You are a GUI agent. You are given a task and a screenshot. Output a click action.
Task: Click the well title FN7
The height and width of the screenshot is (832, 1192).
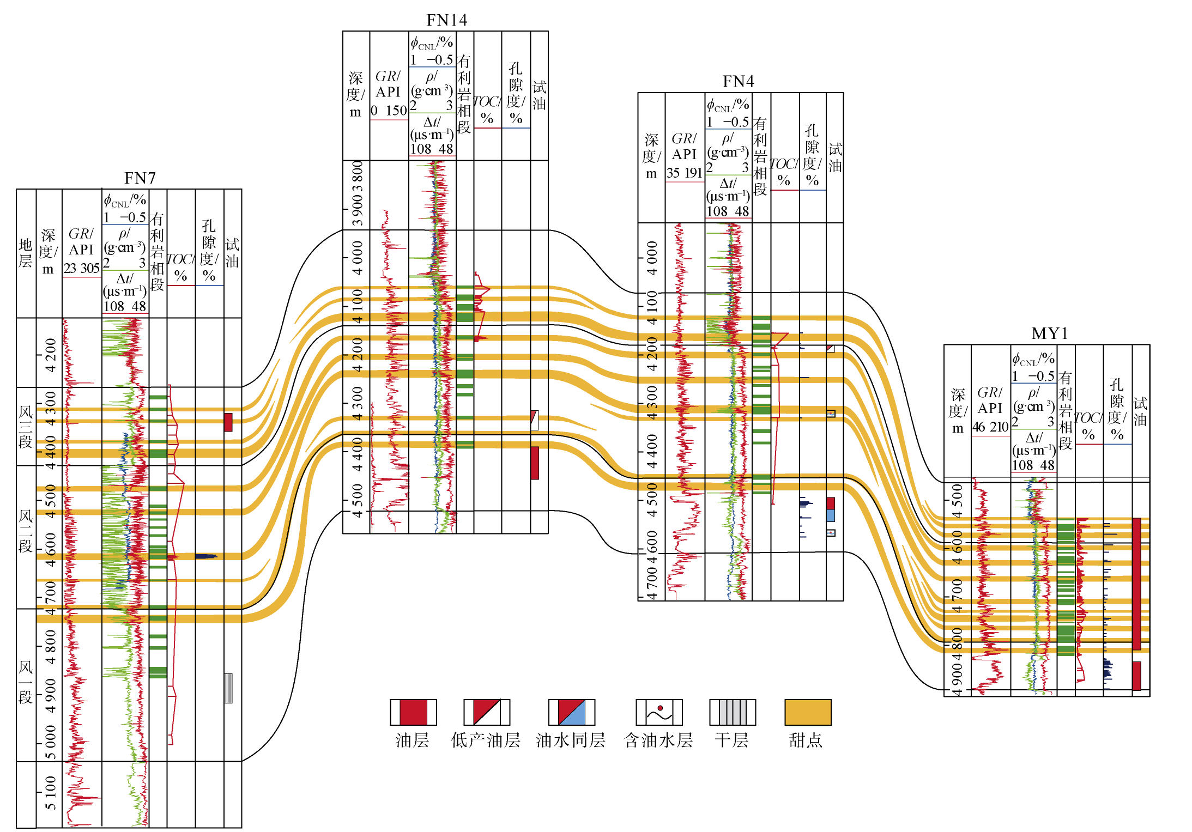point(140,178)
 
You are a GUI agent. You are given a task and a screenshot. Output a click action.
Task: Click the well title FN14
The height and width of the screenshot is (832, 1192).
point(446,20)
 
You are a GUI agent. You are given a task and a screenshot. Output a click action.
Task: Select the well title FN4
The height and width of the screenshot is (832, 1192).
point(738,81)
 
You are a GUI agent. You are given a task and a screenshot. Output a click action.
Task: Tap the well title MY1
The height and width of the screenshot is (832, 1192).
point(1049,333)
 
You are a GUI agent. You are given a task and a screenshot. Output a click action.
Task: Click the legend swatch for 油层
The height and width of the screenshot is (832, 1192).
point(413,712)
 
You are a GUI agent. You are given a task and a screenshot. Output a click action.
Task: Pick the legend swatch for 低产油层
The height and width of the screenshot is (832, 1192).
point(487,712)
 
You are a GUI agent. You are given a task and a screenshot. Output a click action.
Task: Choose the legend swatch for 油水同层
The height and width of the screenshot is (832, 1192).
point(572,712)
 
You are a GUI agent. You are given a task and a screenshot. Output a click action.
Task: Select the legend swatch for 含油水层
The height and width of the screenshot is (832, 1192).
point(659,712)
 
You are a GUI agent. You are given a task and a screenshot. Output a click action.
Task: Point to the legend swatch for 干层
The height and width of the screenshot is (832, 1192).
point(733,712)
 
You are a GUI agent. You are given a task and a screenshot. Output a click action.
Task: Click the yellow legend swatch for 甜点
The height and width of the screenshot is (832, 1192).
point(808,712)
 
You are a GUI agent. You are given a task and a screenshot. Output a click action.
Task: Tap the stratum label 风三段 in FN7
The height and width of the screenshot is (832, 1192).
point(26,427)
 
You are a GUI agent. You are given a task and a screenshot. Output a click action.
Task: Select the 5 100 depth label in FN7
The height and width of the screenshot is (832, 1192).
point(50,793)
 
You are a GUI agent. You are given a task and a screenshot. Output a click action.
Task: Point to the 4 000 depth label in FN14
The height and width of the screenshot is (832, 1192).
point(357,258)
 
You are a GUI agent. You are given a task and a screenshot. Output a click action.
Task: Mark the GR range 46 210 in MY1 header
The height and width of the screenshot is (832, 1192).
point(990,427)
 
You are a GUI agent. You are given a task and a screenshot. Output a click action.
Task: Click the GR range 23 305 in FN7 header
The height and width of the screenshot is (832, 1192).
point(82,268)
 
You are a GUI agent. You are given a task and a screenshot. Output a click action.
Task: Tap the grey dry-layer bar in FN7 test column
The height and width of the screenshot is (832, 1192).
point(228,688)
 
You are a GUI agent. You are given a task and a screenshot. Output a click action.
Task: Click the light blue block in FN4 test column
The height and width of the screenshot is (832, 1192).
point(831,515)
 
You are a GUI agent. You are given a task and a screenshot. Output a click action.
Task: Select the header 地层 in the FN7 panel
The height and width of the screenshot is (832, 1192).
point(26,253)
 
